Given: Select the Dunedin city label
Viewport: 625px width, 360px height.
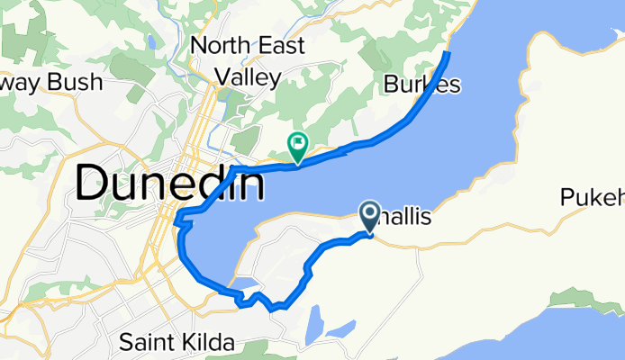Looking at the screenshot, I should (x=170, y=184).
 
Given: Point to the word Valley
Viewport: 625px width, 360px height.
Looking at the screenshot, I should (x=247, y=78).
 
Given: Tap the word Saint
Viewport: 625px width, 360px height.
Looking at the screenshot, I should (x=148, y=343).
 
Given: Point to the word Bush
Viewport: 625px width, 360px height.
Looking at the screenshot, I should (x=77, y=83).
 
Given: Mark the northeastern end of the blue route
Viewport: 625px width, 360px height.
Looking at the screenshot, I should (x=448, y=54).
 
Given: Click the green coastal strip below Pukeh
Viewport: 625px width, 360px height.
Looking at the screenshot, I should (x=576, y=297).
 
